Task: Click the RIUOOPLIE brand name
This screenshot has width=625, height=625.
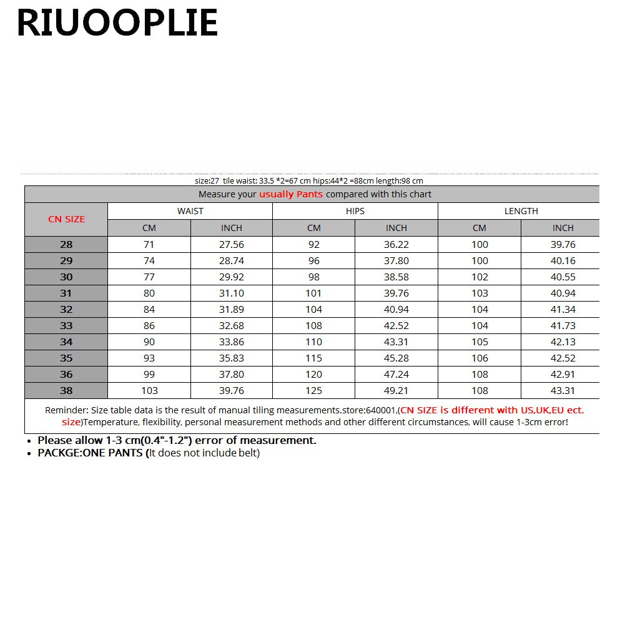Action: [x=117, y=24]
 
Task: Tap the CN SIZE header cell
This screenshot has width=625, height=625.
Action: [x=66, y=219]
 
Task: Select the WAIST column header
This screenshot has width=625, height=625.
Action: [x=190, y=211]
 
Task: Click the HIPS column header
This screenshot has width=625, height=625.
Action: [x=355, y=211]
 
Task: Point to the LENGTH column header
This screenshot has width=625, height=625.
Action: [x=521, y=211]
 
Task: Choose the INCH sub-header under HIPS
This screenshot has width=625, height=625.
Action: [x=396, y=228]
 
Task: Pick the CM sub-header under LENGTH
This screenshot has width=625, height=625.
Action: [x=479, y=228]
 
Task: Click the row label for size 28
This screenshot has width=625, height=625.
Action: [x=66, y=244]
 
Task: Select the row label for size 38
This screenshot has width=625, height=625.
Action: [x=66, y=390]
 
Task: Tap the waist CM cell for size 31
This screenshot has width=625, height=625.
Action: [x=149, y=293]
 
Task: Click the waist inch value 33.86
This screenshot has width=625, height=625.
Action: [x=231, y=342]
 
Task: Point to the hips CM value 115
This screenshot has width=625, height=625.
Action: [x=313, y=358]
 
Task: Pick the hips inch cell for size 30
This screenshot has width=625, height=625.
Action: [x=396, y=277]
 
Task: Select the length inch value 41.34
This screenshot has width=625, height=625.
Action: [x=563, y=309]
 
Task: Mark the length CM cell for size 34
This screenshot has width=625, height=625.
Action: [x=479, y=342]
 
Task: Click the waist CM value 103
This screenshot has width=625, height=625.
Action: [x=149, y=390]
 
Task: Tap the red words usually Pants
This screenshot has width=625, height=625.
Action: [x=291, y=194]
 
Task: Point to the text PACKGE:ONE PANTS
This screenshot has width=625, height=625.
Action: [x=91, y=453]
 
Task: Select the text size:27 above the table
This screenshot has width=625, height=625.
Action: [x=207, y=180]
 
